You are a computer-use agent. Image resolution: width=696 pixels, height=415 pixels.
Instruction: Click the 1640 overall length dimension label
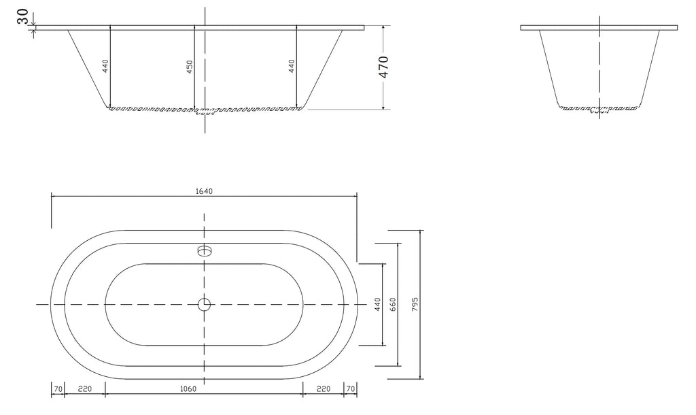click(x=204, y=191)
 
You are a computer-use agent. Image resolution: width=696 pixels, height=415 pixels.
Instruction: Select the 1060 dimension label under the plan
click(x=188, y=389)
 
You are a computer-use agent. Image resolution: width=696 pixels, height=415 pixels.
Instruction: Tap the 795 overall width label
click(x=415, y=304)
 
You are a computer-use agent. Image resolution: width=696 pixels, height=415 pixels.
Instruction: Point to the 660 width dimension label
click(x=392, y=304)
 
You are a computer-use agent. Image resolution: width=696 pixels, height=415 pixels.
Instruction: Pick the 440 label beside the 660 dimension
click(x=378, y=304)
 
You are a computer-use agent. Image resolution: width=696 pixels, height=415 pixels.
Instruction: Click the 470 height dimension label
click(x=384, y=67)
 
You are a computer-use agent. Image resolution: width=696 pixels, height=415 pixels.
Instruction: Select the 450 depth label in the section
click(x=190, y=67)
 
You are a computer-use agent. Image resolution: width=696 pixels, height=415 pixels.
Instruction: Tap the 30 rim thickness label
click(x=23, y=17)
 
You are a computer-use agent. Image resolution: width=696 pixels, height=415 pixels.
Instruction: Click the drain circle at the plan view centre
click(x=204, y=304)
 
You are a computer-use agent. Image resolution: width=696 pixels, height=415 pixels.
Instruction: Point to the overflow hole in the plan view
click(x=204, y=250)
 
